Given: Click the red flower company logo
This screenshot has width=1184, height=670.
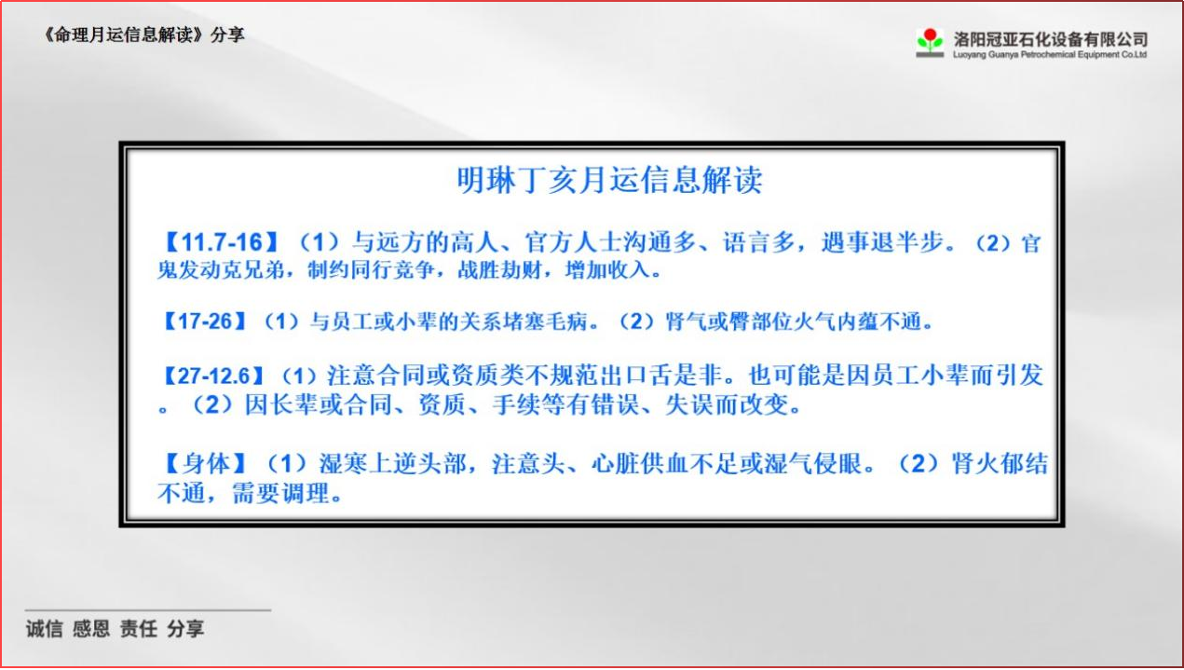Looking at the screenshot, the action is [930, 42].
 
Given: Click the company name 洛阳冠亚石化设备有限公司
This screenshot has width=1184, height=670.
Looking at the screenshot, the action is [1050, 38].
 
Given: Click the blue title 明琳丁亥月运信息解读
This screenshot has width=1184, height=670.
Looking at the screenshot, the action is [609, 180].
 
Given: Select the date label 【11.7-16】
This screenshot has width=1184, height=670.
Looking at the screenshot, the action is [222, 242].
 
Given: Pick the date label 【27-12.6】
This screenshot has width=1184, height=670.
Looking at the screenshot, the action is [213, 376].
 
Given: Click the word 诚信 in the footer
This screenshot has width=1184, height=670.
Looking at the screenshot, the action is [45, 629].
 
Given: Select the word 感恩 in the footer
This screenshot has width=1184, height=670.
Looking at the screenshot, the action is [91, 629].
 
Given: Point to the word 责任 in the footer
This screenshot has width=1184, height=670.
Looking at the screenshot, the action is [139, 629].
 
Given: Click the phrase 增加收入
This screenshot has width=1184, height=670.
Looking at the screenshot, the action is [606, 270].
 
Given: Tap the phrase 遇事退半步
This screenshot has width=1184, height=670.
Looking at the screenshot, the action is [881, 242].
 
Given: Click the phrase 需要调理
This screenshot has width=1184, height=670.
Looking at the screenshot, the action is [280, 493].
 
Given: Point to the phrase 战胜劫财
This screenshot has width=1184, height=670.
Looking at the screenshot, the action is [499, 270].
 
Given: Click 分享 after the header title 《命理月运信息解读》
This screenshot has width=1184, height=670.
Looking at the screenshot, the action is [227, 34].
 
